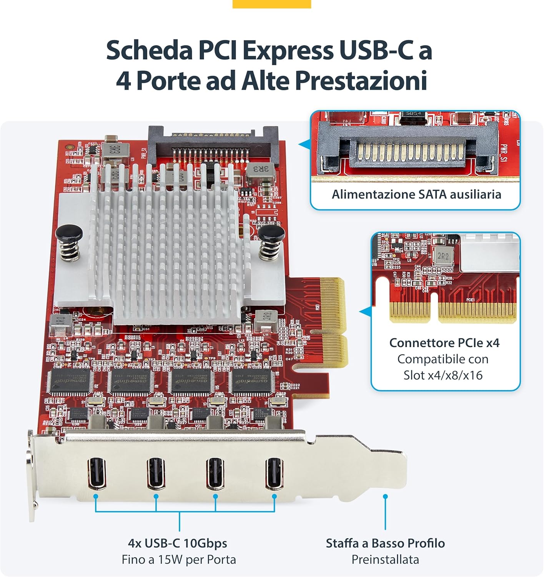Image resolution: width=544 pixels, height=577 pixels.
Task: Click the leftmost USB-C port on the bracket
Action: (96, 473)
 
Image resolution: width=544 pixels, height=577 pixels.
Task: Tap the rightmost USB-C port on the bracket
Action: (274, 473)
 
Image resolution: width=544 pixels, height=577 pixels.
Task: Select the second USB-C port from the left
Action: (156, 473)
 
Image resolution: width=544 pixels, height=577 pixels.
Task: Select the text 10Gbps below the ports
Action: (205, 543)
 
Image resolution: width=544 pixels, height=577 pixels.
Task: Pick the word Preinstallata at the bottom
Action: (385, 559)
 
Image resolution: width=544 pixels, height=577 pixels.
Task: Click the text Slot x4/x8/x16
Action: (443, 375)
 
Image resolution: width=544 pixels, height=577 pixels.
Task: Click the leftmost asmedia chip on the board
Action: (70, 382)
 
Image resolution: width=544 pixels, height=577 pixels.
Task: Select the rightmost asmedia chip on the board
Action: (252, 382)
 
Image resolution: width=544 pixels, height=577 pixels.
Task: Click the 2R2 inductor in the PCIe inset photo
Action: (443, 256)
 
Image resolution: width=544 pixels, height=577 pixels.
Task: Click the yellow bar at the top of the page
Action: (272, 4)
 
